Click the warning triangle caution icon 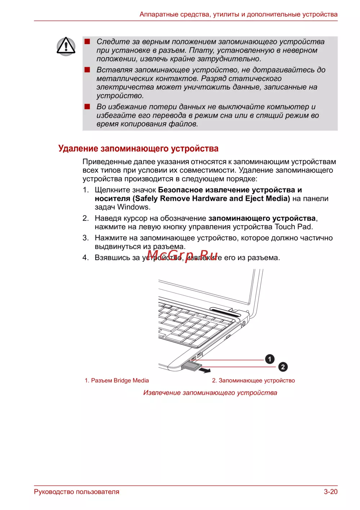point(66,46)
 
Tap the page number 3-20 point(330,492)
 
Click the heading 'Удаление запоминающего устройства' point(138,149)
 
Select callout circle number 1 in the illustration point(270,359)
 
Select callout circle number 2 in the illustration point(283,367)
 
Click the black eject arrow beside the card point(205,370)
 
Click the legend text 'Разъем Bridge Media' point(120,380)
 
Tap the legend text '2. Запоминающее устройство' point(253,380)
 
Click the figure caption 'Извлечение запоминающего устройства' point(210,393)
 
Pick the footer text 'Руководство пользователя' point(76,492)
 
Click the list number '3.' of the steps point(85,238)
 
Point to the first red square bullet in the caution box point(87,41)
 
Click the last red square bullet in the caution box point(87,107)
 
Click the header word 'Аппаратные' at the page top point(159,14)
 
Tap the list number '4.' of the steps point(85,258)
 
